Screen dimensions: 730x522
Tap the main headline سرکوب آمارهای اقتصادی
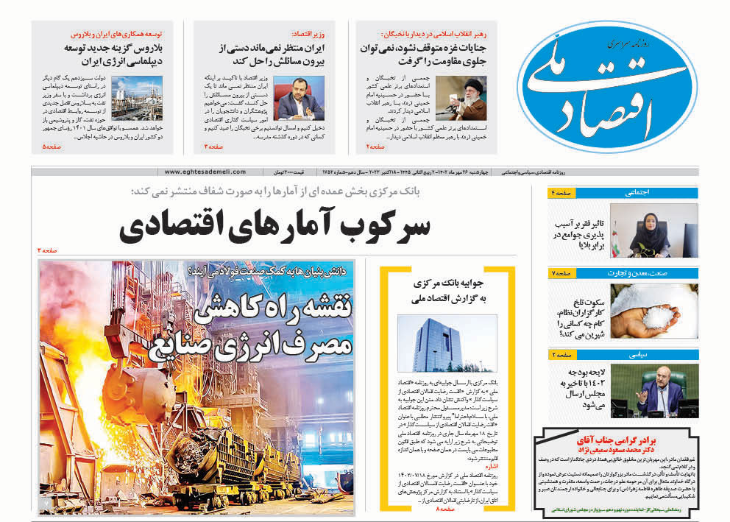pos(274,227)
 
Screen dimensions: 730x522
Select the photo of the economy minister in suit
pos(299,97)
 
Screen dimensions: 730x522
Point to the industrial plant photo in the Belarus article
pos(137,97)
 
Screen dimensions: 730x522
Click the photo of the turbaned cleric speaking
pos(460,97)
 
